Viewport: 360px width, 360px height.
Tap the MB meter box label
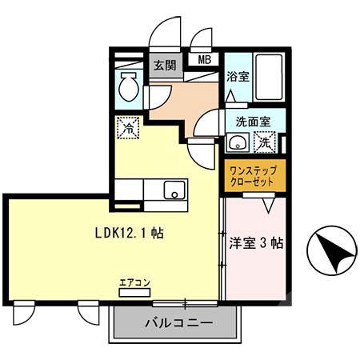[204, 59]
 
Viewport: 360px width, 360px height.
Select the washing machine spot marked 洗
[262, 143]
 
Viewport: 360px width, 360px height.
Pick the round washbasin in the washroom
[236, 144]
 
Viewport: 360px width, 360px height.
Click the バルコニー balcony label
[178, 324]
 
